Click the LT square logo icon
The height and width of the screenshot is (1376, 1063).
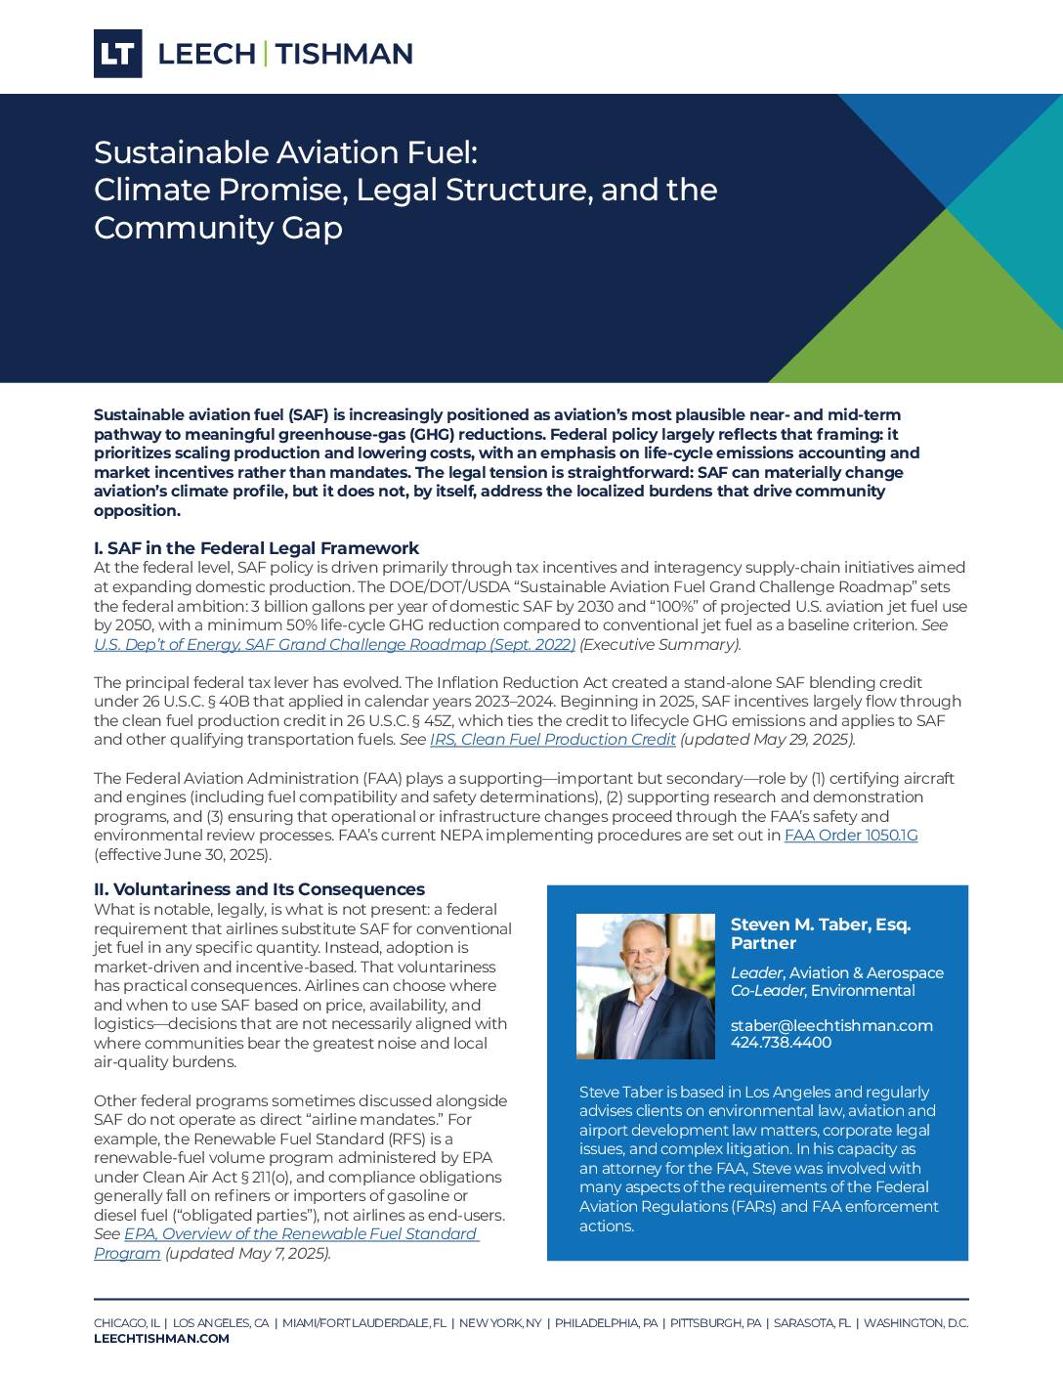click(117, 54)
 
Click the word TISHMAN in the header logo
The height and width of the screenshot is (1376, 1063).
click(344, 54)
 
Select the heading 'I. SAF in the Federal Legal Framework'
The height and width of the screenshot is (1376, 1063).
click(256, 548)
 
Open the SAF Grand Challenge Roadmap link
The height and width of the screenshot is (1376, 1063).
click(334, 645)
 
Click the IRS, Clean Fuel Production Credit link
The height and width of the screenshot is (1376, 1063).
click(552, 740)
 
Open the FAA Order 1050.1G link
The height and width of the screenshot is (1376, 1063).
click(850, 836)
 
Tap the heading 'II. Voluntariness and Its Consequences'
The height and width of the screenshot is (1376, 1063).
click(259, 889)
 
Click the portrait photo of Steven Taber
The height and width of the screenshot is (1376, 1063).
click(645, 986)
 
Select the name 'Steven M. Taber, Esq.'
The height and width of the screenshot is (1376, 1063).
click(820, 924)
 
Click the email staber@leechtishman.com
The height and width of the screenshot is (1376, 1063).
click(830, 1025)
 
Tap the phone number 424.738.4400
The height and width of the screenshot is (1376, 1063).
click(781, 1043)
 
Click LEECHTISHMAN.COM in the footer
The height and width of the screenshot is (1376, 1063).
click(161, 1339)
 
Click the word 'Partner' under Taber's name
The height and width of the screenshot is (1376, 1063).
click(763, 943)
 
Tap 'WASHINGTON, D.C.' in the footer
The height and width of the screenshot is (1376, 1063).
click(915, 1323)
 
